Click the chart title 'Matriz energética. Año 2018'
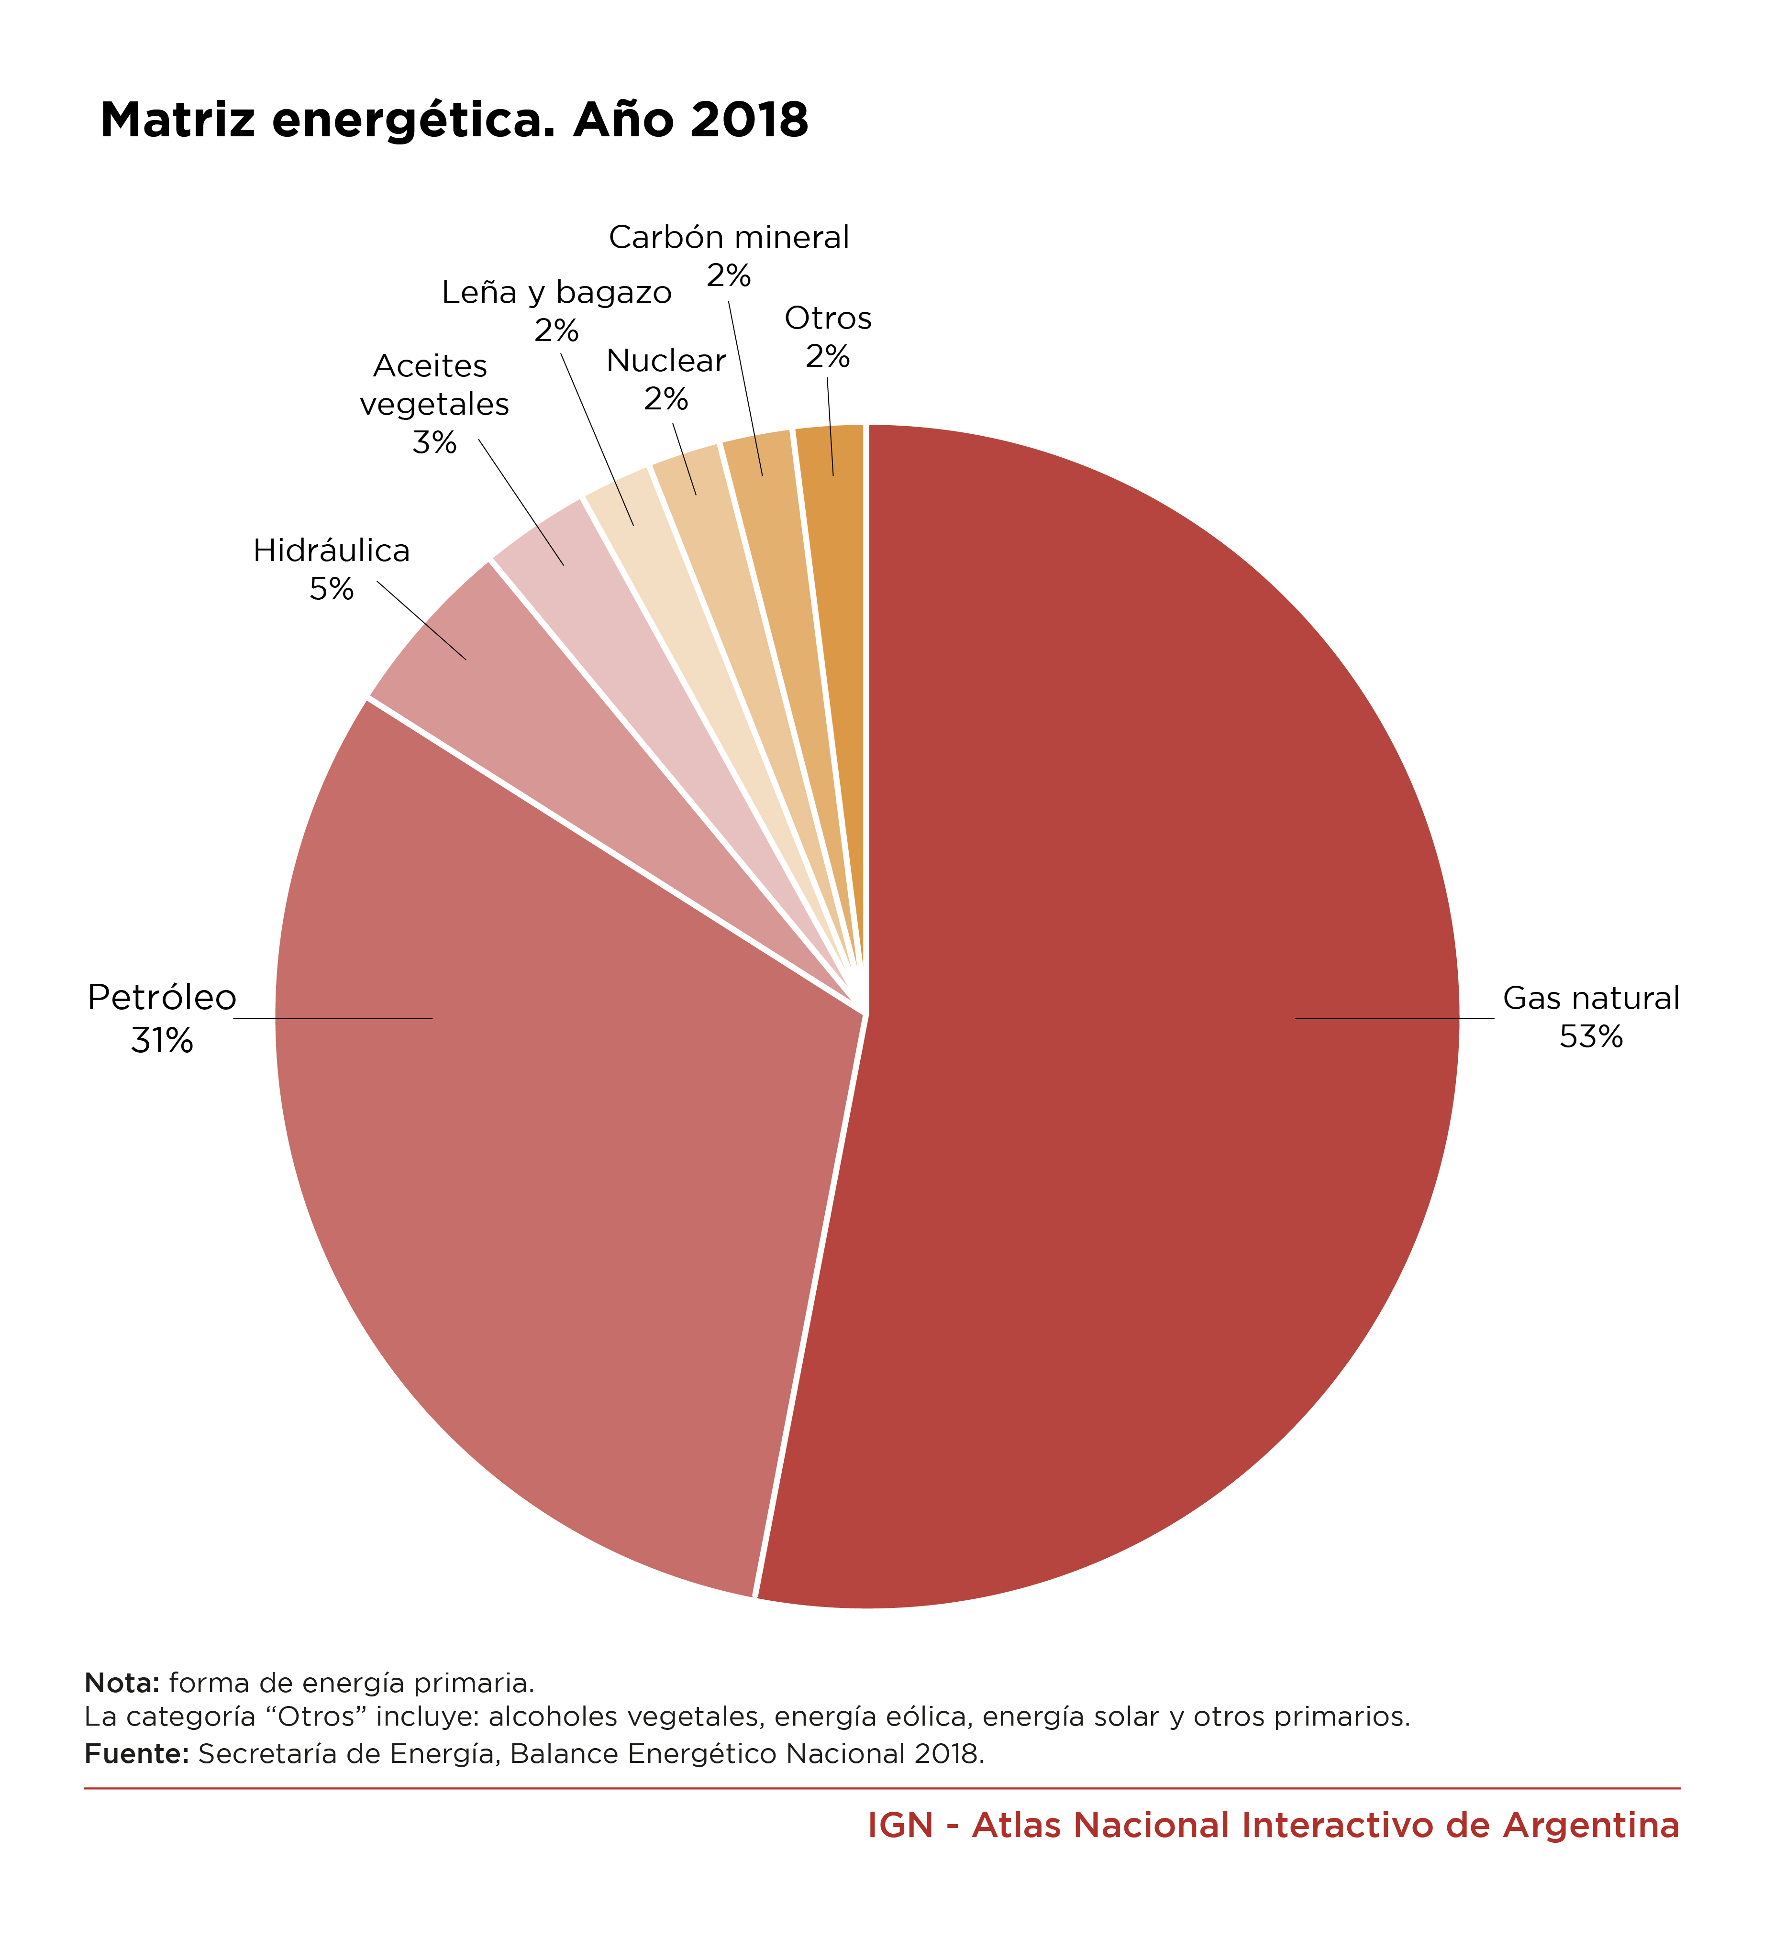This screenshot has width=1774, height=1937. tap(454, 120)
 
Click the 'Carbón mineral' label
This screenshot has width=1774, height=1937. tap(730, 237)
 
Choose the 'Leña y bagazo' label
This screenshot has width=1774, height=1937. tap(556, 292)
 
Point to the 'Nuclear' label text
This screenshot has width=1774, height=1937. tap(666, 361)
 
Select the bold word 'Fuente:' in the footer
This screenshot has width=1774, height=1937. tap(136, 1754)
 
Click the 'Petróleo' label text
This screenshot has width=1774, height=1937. tap(161, 998)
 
